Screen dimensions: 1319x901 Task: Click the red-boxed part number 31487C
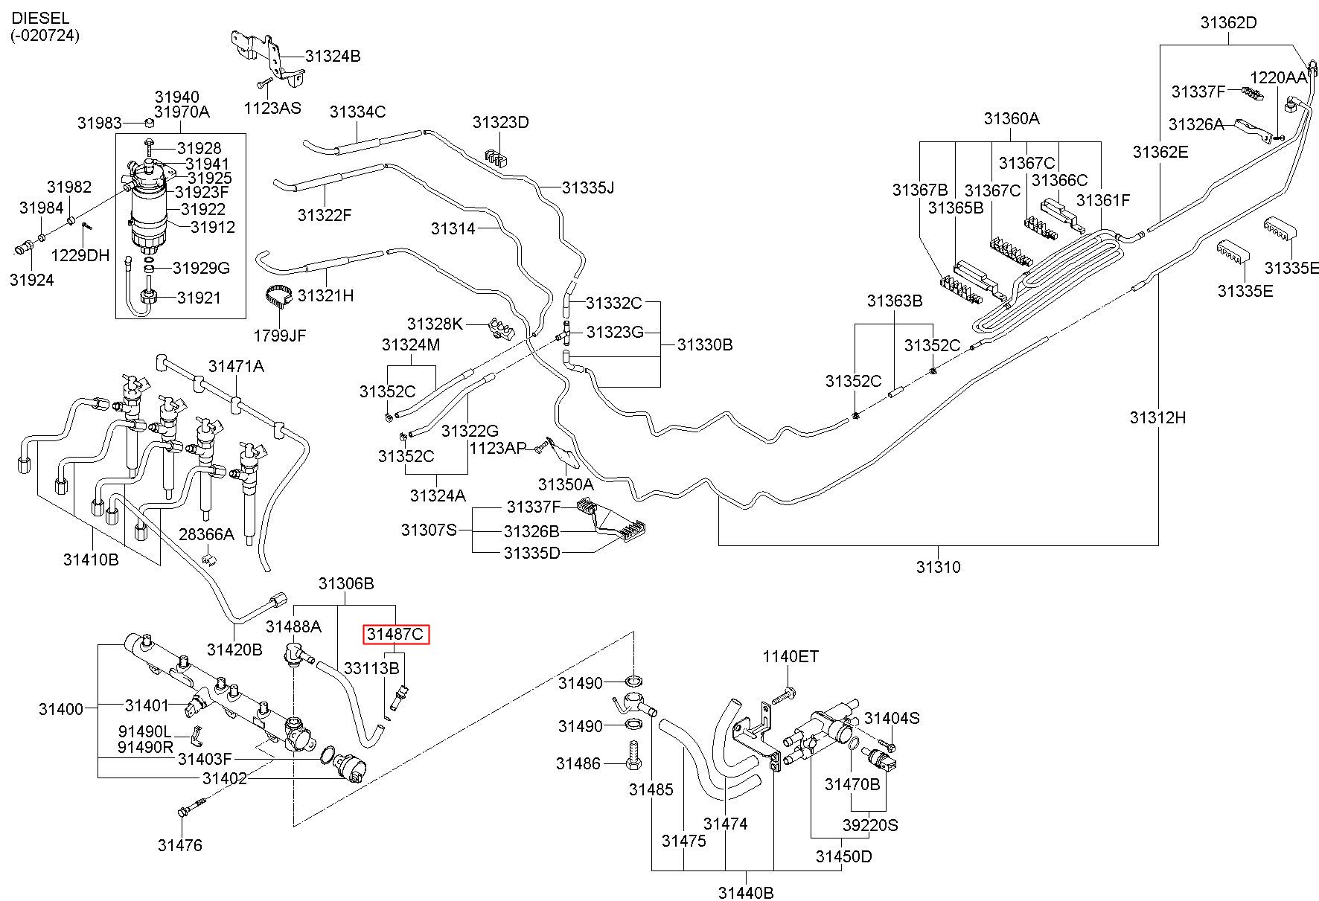click(397, 635)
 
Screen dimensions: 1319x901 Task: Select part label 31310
click(938, 568)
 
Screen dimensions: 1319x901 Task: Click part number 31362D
click(1228, 23)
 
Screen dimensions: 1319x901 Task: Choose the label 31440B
click(746, 892)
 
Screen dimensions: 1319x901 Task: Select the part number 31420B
click(234, 650)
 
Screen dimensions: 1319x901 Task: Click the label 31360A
click(1012, 118)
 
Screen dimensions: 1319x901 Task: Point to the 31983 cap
click(148, 122)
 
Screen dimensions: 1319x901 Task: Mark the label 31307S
click(429, 530)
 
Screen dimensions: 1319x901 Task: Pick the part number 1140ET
click(791, 656)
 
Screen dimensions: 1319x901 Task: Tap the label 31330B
click(705, 344)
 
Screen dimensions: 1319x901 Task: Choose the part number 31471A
click(236, 365)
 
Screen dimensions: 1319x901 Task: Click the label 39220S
click(870, 825)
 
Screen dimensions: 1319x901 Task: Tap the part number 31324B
click(333, 56)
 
